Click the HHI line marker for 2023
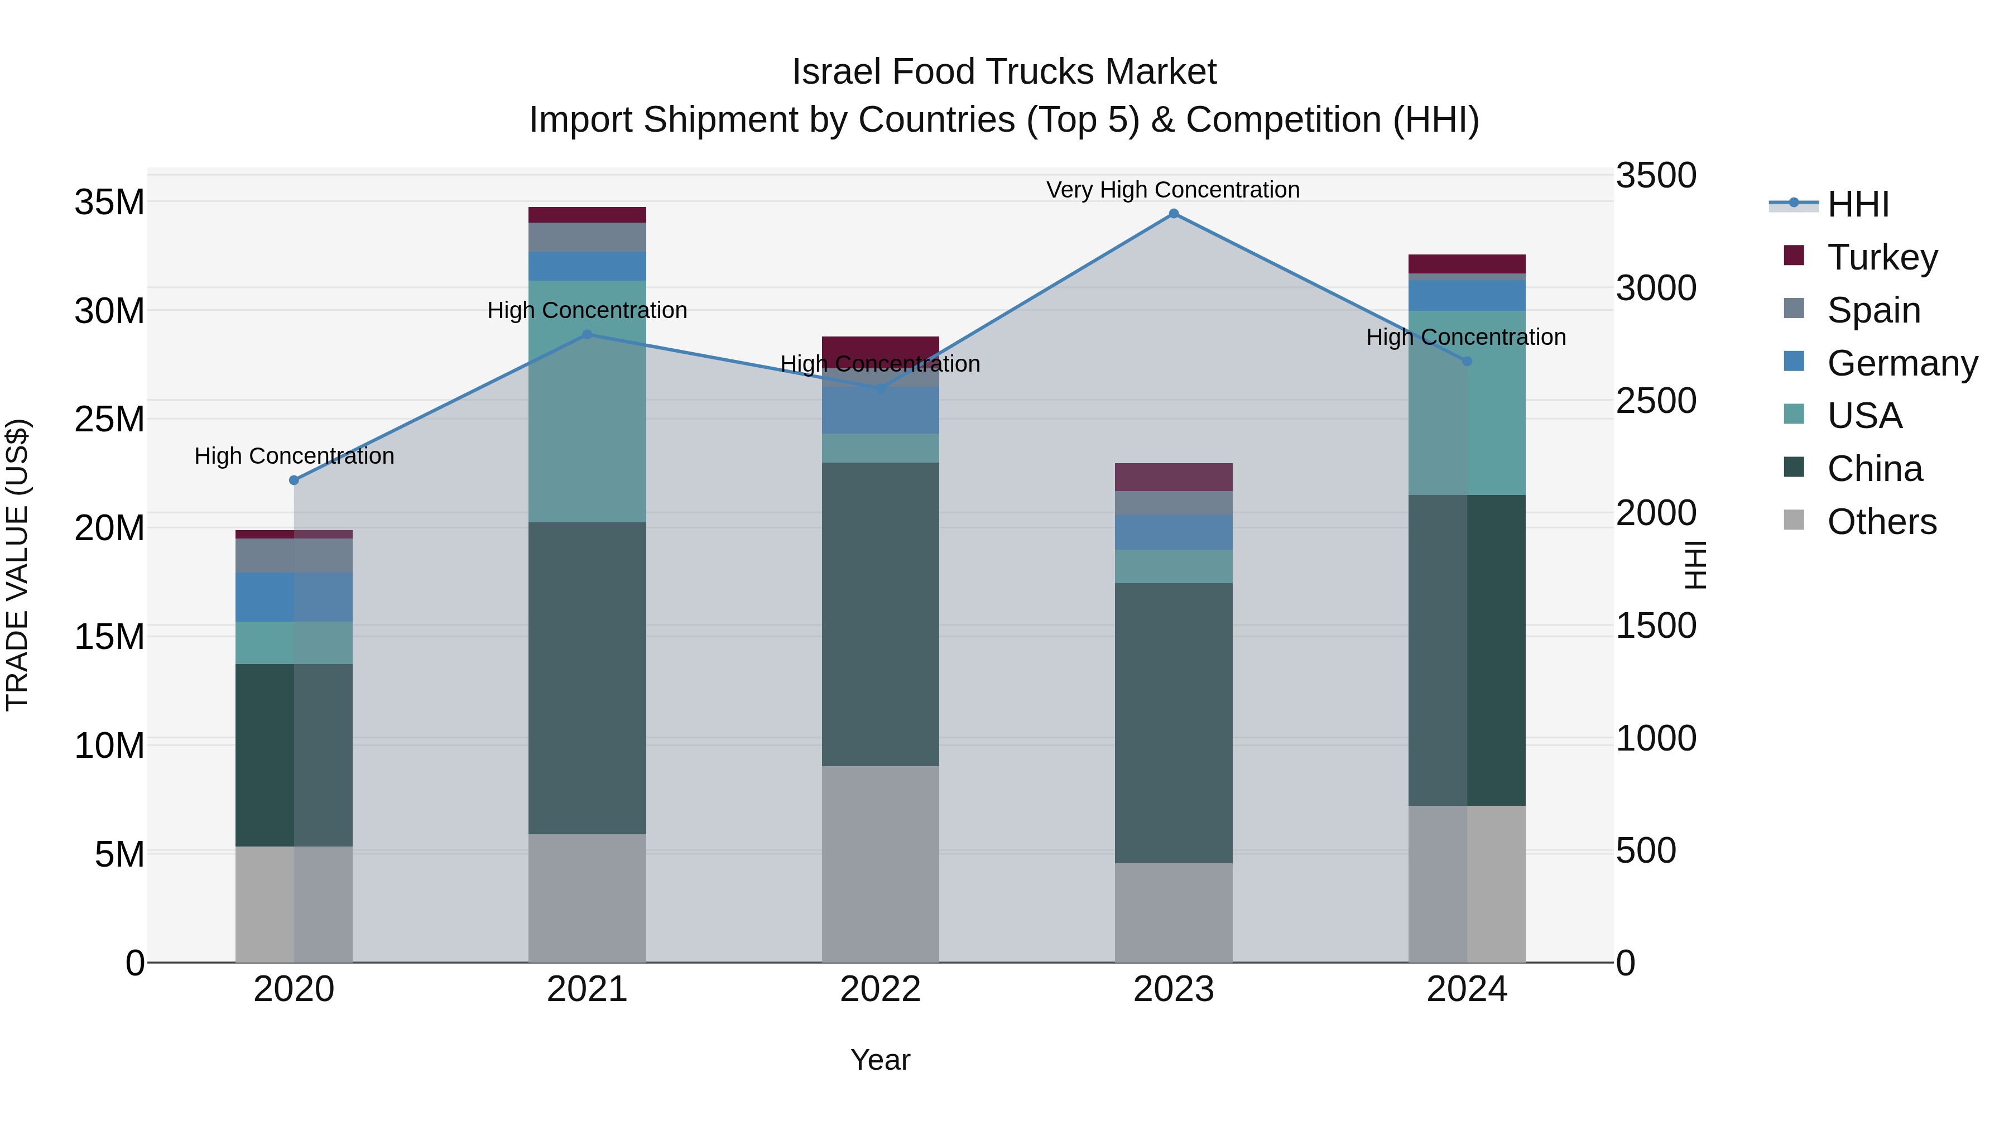point(1173,214)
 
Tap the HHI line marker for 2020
point(294,480)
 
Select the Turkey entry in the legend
point(1881,257)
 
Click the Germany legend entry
point(1901,363)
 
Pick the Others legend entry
point(1881,522)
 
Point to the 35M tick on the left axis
point(109,203)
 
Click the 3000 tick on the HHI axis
point(1656,288)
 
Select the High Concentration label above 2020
point(294,456)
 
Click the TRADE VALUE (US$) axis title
point(17,565)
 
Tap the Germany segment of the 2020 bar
point(294,597)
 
